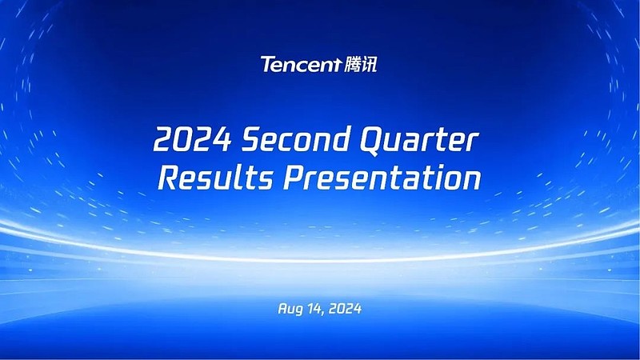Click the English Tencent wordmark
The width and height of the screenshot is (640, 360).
pyautogui.click(x=301, y=65)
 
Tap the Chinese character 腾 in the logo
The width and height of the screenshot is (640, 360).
pyautogui.click(x=352, y=64)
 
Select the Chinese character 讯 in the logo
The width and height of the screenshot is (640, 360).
pyautogui.click(x=369, y=64)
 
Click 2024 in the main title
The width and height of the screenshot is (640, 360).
pyautogui.click(x=193, y=139)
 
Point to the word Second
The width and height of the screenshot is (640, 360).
pyautogui.click(x=296, y=138)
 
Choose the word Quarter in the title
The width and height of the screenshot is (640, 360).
pyautogui.click(x=419, y=141)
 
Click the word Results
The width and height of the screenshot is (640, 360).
pyautogui.click(x=216, y=178)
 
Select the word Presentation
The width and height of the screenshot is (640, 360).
pyautogui.click(x=382, y=178)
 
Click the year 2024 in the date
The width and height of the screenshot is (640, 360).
pyautogui.click(x=345, y=308)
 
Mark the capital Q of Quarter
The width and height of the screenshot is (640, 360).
pyautogui.click(x=374, y=142)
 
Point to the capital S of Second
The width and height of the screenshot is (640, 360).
pyautogui.click(x=253, y=139)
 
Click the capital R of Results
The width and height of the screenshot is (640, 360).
pyautogui.click(x=170, y=178)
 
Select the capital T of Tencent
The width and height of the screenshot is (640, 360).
pyautogui.click(x=268, y=65)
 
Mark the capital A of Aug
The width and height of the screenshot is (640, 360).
pyautogui.click(x=282, y=308)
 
